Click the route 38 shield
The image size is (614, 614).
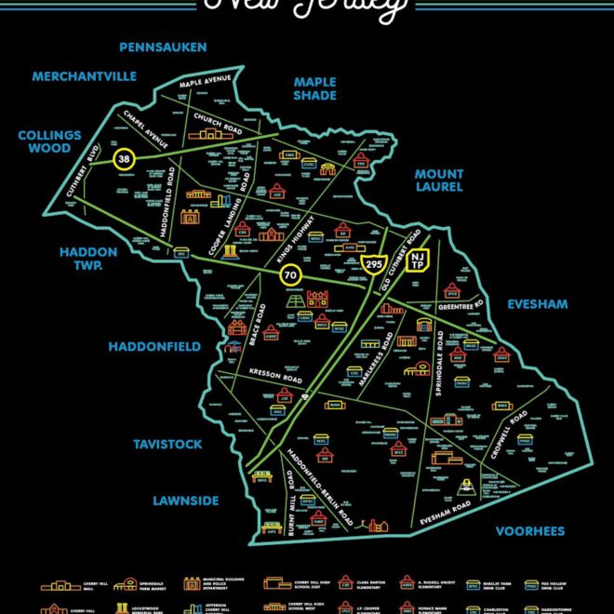coord(123,159)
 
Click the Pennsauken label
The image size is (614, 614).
coord(163,47)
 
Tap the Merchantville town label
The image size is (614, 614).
coord(84,76)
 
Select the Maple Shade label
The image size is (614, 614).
coord(314,88)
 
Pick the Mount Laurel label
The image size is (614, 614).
coord(439,181)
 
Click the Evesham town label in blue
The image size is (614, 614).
coord(537,304)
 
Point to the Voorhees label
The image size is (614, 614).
coord(530,531)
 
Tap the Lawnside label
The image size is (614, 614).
coord(186,501)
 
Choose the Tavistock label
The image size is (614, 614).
coord(167,445)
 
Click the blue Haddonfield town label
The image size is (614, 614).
coord(154,346)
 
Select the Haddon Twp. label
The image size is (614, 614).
coord(89,258)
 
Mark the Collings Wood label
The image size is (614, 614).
coord(49,141)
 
